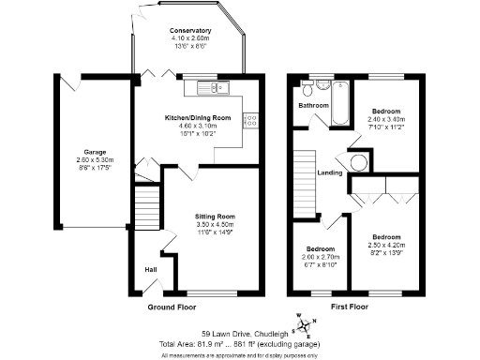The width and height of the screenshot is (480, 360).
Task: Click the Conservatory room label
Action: (x=190, y=31)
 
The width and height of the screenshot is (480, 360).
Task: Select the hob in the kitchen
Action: (x=249, y=118)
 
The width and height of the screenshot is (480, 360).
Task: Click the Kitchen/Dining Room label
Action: (x=197, y=117)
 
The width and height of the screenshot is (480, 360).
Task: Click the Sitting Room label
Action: (x=216, y=217)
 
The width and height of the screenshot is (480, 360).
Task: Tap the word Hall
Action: (x=150, y=270)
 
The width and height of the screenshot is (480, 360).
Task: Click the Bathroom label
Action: (x=313, y=106)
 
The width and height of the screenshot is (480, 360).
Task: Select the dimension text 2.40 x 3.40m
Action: (x=386, y=119)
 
